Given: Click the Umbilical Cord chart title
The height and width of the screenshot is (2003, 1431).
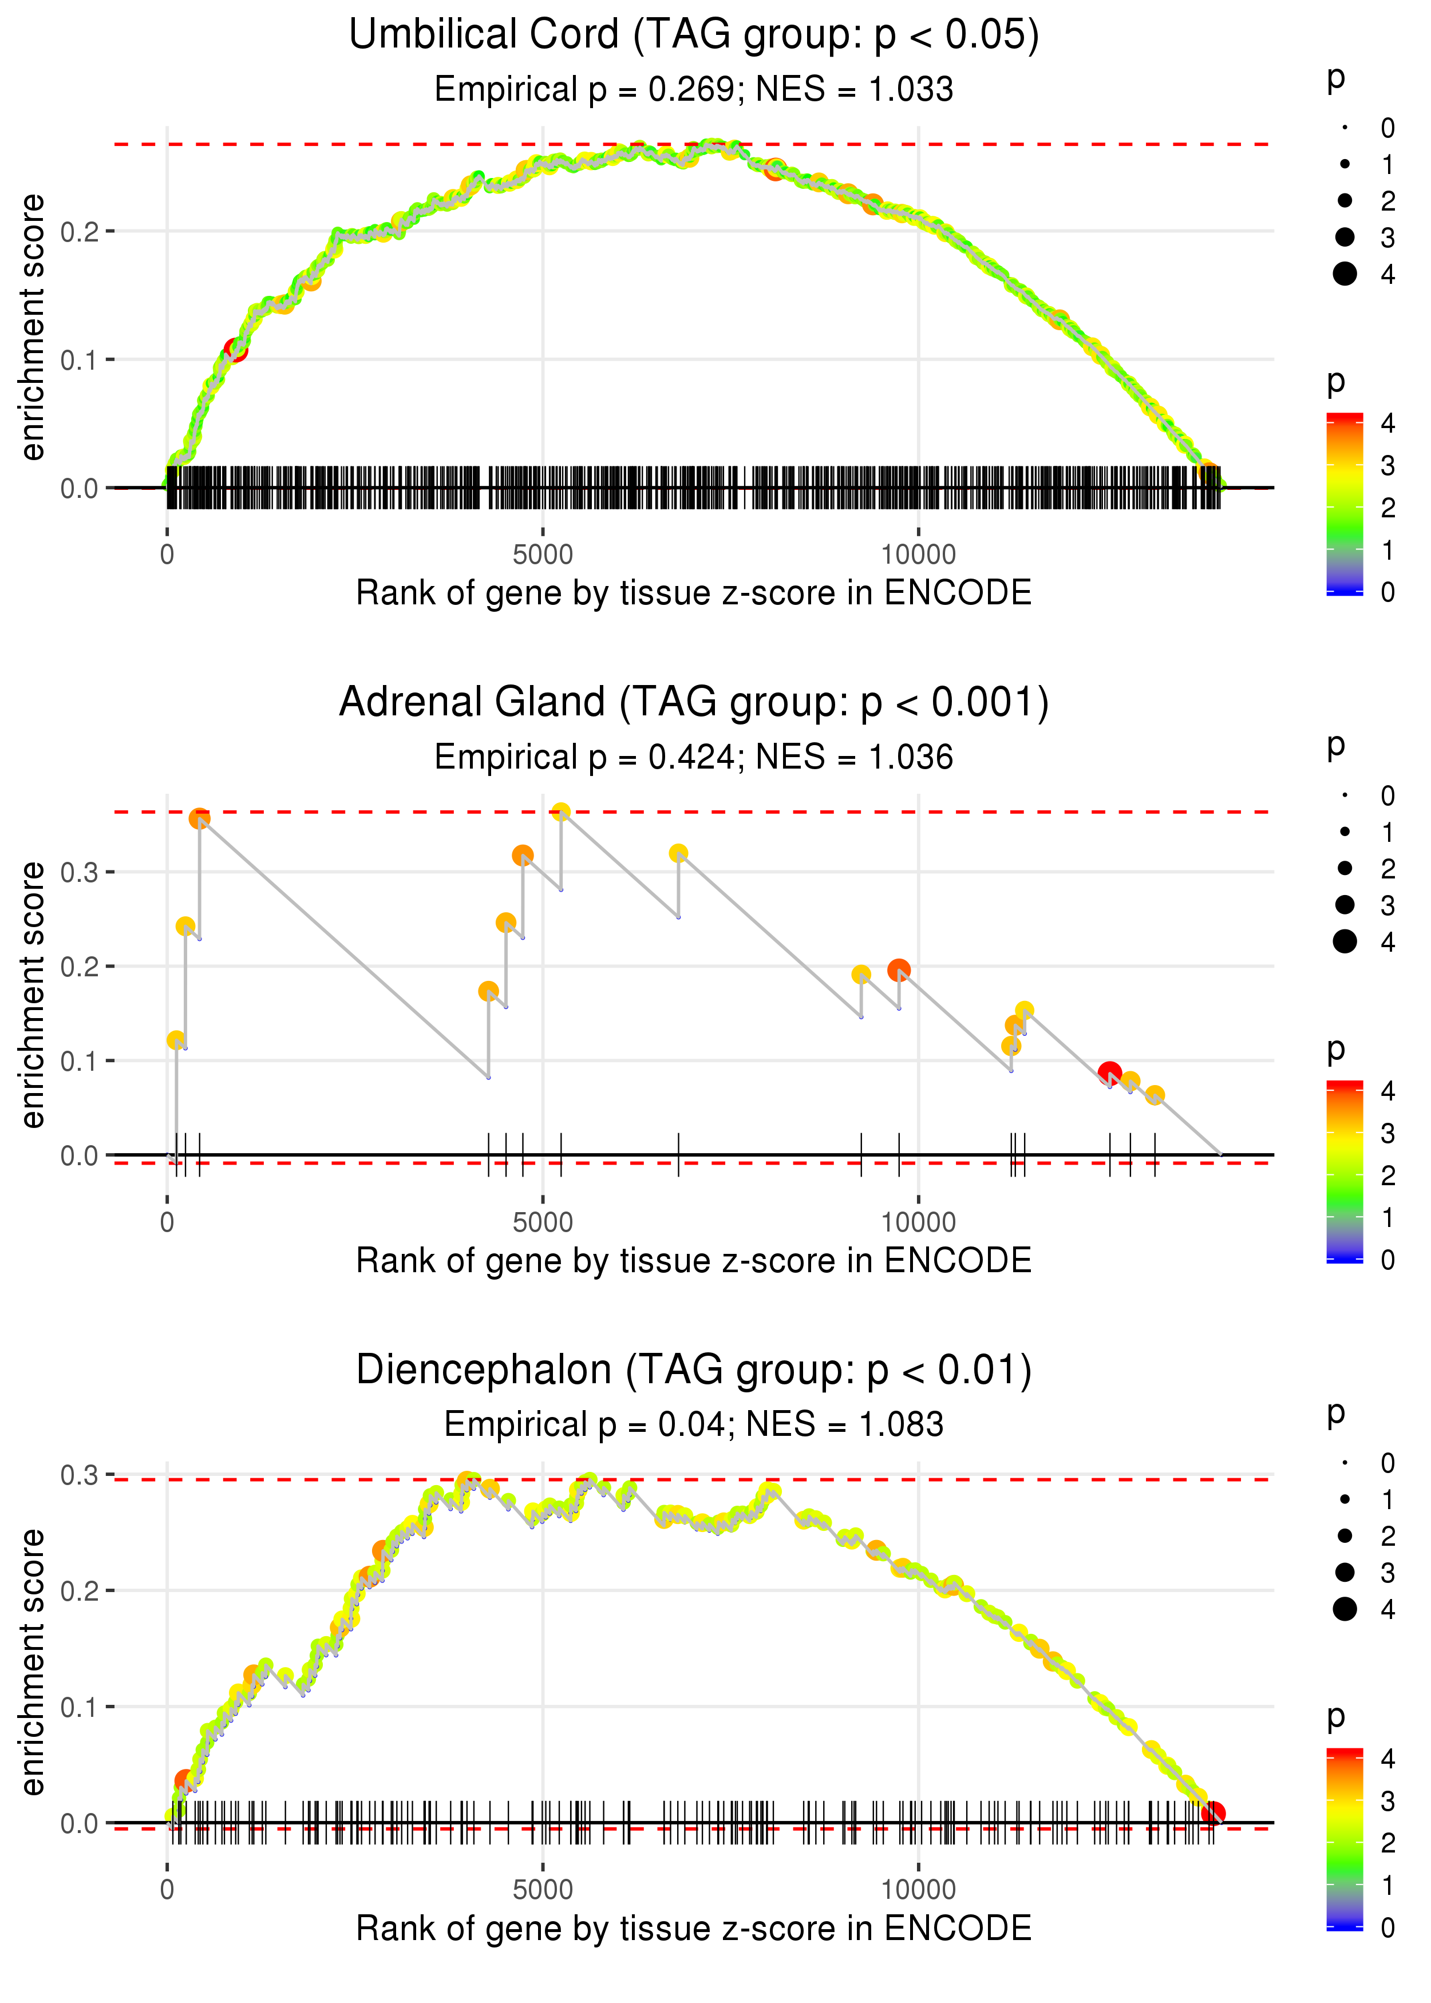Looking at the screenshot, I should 694,35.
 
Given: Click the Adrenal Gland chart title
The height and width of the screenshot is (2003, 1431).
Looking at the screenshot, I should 694,703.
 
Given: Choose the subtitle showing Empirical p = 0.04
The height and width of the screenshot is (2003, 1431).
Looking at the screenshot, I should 694,1424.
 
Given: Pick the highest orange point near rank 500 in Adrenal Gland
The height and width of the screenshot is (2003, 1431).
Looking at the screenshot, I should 200,819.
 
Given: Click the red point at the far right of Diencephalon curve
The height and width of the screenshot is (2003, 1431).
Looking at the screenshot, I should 1213,1813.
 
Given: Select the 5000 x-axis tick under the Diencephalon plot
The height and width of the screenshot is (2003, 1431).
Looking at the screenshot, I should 543,1889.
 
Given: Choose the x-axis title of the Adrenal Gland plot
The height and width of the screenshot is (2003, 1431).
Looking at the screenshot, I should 694,1261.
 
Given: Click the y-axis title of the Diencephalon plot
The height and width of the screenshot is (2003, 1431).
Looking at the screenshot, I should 33,1661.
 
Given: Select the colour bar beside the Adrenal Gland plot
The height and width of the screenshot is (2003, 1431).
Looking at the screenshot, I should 1345,1171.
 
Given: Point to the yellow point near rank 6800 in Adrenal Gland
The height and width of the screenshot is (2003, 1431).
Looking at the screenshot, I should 678,853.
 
